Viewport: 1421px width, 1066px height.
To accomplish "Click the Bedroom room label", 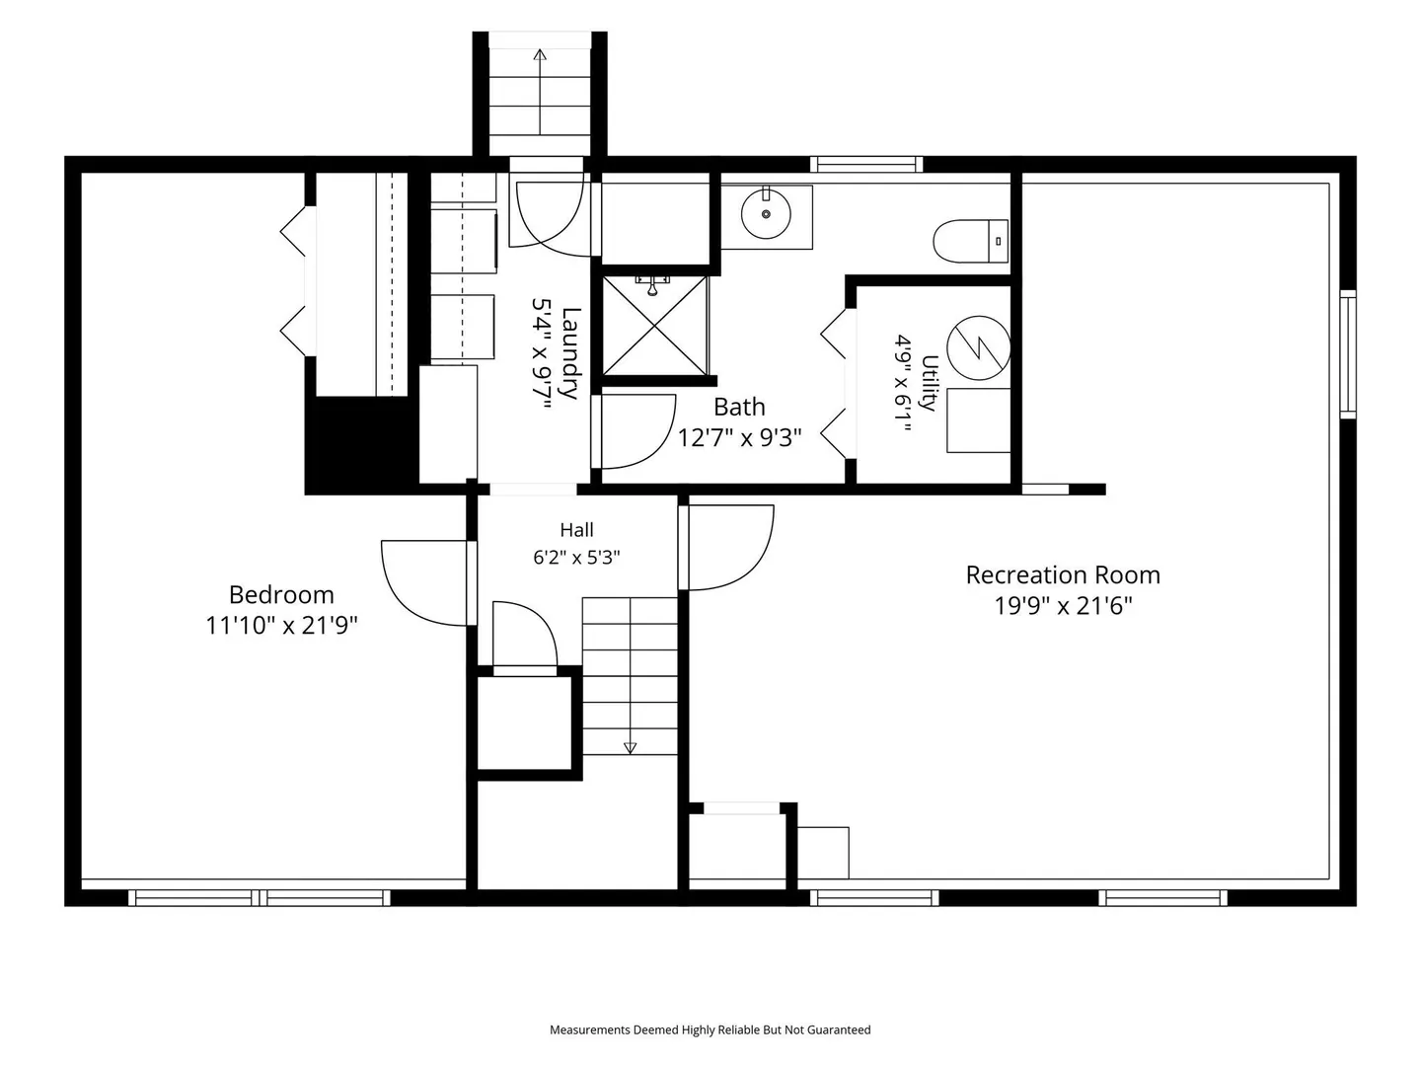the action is click(x=281, y=594).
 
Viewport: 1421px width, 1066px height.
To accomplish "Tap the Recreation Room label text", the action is click(x=1063, y=574).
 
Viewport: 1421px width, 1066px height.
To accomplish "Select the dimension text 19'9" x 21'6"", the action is click(x=1063, y=606).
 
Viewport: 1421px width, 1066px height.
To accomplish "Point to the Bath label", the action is click(x=739, y=407).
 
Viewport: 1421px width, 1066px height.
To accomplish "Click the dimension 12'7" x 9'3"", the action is click(x=739, y=438).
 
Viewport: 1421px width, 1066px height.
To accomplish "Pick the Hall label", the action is click(x=576, y=530).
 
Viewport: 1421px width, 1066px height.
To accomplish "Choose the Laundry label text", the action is click(x=570, y=353).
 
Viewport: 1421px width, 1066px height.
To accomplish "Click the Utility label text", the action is click(x=930, y=383).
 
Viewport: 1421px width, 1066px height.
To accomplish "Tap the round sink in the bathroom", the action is click(x=766, y=213).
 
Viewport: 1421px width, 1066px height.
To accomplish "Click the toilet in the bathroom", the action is click(x=970, y=241).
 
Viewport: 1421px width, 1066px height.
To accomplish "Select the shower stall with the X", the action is click(x=654, y=326).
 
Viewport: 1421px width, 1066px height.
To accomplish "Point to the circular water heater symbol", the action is click(x=978, y=347).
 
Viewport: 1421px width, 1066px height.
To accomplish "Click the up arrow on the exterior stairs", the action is click(x=539, y=92).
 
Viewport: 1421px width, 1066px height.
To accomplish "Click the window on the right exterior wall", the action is click(x=1347, y=354).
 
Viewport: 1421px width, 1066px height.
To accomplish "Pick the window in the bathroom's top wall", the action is click(x=866, y=165).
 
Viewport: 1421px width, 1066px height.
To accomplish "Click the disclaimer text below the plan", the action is click(x=710, y=1029).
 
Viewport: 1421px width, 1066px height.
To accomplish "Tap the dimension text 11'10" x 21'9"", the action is click(x=281, y=626).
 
